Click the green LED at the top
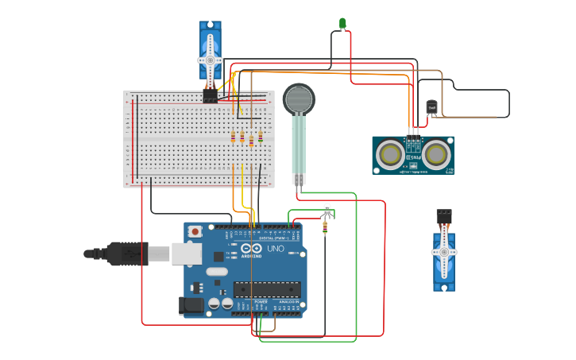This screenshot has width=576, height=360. [343, 23]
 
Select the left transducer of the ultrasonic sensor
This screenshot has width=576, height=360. [391, 154]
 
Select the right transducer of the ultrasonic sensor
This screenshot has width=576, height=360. [437, 154]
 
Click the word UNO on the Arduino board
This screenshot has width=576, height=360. [275, 249]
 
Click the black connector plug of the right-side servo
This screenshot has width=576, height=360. [443, 215]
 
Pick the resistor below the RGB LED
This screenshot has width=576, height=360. [325, 227]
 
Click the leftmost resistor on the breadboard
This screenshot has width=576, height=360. [233, 137]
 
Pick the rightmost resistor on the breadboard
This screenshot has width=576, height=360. [261, 137]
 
